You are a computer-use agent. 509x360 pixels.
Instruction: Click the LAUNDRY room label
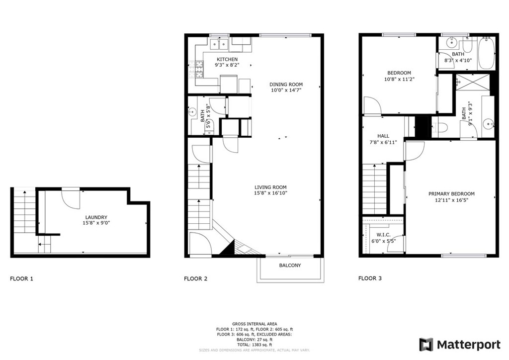point(96,217)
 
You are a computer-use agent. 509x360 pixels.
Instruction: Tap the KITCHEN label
point(227,59)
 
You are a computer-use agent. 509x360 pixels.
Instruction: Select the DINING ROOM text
point(286,85)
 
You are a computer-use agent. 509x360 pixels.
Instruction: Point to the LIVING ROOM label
point(270,187)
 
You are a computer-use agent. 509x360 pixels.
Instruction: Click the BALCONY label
point(290,265)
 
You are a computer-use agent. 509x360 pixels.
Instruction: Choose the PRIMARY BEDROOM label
point(451,194)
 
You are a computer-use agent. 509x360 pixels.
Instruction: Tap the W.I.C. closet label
point(383,235)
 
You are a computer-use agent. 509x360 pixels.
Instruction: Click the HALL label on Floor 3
point(383,136)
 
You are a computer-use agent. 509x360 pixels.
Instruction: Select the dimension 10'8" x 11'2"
point(399,79)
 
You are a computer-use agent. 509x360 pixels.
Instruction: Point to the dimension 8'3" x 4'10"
point(458,60)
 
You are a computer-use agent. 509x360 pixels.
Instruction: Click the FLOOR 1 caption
point(21,278)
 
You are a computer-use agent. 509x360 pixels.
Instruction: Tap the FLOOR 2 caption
point(195,278)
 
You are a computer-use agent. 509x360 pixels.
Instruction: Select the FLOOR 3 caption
point(370,278)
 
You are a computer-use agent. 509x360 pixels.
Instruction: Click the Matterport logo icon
point(426,345)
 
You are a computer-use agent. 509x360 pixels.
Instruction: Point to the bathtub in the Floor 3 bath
point(486,53)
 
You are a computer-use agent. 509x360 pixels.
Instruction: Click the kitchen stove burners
point(199,70)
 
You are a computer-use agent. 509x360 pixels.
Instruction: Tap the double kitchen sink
point(219,44)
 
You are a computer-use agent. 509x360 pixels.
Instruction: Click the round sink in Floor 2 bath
point(192,112)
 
